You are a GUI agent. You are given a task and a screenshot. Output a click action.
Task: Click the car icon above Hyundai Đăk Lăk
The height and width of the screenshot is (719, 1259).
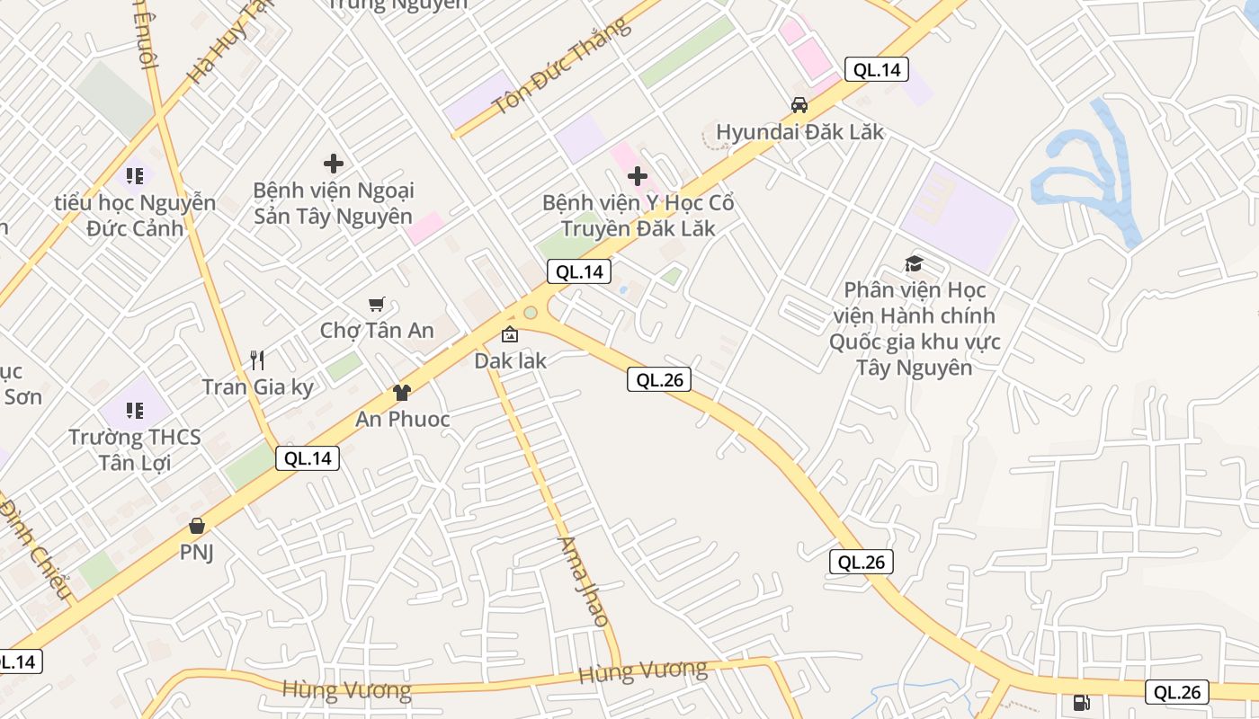click(799, 105)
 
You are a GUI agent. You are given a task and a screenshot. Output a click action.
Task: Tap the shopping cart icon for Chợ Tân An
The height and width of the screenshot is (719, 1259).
click(377, 305)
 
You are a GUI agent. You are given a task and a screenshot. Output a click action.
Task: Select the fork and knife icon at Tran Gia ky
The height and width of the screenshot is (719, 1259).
click(257, 360)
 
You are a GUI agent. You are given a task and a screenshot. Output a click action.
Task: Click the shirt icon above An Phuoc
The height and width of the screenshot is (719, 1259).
click(401, 393)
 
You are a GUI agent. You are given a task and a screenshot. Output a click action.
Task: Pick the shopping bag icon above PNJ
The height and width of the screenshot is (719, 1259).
click(196, 526)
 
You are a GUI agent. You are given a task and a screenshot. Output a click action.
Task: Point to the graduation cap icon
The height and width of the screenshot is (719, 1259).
click(914, 263)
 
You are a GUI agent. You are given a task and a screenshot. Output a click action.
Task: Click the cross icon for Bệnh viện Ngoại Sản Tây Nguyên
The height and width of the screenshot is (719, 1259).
click(334, 164)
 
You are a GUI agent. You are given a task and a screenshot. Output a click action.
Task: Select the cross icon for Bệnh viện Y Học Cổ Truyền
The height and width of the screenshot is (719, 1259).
click(638, 175)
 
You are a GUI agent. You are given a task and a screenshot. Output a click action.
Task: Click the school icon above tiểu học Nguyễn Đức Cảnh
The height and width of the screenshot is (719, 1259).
click(135, 176)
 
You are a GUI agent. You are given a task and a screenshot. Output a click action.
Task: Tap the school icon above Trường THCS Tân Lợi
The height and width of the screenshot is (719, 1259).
click(135, 411)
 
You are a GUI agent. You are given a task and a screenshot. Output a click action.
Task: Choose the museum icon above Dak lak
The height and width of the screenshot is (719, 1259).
click(510, 334)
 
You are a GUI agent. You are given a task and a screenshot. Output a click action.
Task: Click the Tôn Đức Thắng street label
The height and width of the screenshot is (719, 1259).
click(559, 68)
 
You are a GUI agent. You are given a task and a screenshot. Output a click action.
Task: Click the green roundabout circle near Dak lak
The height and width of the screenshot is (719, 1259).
click(531, 313)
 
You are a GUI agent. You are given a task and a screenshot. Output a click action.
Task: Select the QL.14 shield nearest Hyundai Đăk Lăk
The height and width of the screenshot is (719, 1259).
click(876, 69)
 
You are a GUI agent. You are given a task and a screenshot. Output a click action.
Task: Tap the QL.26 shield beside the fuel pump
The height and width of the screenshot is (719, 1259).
click(1176, 692)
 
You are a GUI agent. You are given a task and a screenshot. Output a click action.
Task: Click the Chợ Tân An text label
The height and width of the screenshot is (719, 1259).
click(377, 331)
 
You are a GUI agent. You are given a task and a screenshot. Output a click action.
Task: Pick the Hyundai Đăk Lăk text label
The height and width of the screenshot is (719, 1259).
click(799, 132)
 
